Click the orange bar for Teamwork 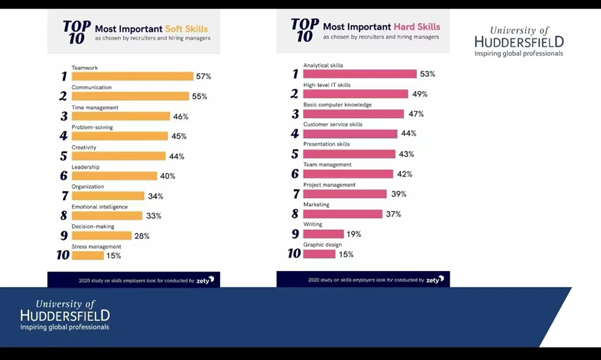tap(132, 76)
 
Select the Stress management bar tap(88, 256)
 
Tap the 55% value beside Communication tap(199, 97)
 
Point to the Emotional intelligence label tap(99, 206)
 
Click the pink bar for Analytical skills tap(360, 74)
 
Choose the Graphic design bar tap(320, 254)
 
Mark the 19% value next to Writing tap(354, 234)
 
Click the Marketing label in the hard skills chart tap(316, 204)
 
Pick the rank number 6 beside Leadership tap(64, 176)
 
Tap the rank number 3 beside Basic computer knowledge tap(295, 114)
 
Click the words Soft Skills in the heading tap(186, 28)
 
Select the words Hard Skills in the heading tap(417, 27)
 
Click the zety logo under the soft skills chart tap(205, 281)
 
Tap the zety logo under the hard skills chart tap(435, 280)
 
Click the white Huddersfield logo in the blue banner tap(65, 315)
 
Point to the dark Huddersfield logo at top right tap(519, 42)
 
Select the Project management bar tap(345, 194)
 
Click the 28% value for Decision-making tap(142, 236)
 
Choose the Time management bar tap(121, 116)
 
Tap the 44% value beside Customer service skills tap(408, 133)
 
